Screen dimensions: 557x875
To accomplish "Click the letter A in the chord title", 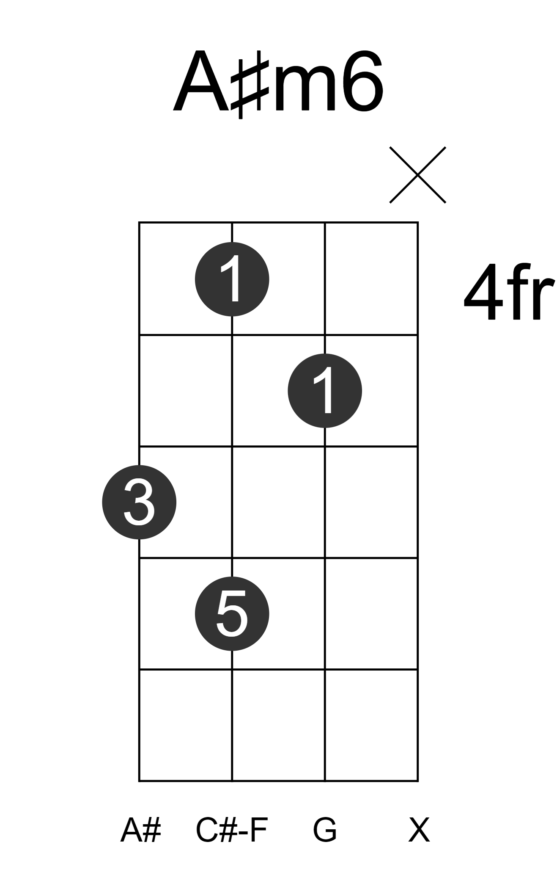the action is pos(201,81).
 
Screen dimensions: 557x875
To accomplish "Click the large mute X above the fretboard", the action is pos(417,175).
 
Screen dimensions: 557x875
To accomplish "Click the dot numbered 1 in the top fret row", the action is pos(232,279).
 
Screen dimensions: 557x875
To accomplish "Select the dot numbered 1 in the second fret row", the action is pos(325,391).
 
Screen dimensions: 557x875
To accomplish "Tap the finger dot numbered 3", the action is pos(139,502).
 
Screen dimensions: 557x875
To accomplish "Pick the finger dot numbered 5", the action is pos(232,614).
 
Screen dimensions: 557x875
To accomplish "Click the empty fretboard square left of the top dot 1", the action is pos(186,279).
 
